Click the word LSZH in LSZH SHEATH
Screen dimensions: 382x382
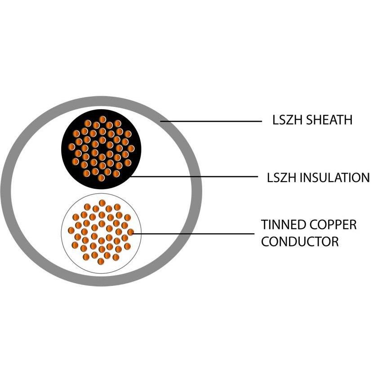click(288, 120)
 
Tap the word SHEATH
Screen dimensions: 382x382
click(329, 120)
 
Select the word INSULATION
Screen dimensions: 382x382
click(335, 178)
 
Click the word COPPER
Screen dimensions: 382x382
click(331, 225)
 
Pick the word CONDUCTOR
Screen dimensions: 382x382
click(300, 241)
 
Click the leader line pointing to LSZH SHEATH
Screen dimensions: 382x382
click(211, 121)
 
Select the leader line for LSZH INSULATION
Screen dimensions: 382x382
click(194, 177)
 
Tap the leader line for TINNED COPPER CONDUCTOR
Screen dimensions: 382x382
click(193, 234)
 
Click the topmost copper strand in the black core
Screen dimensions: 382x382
click(102, 120)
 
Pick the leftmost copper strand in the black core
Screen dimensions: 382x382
click(71, 147)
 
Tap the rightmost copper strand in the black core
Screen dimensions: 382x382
click(131, 148)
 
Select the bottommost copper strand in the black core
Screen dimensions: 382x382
click(101, 178)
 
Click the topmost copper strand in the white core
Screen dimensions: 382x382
click(102, 203)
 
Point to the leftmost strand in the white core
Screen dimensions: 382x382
click(71, 230)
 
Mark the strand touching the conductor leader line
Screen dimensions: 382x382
click(131, 232)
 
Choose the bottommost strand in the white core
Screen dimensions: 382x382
click(101, 262)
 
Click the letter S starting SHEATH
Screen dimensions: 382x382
click(309, 120)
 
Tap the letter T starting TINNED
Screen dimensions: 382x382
click(264, 225)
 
